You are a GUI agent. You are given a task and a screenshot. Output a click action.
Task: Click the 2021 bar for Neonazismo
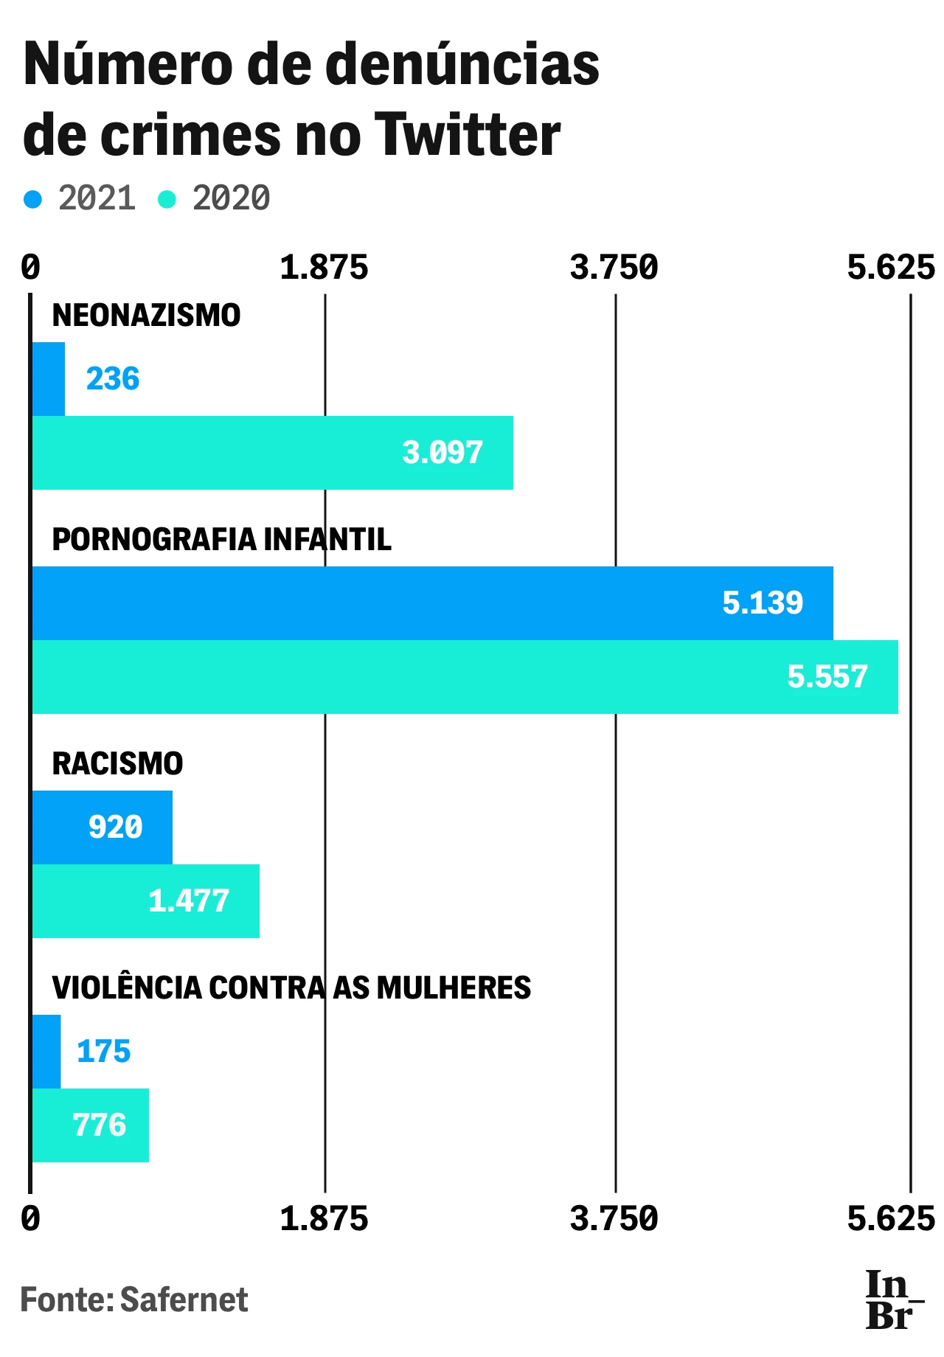pos(49,379)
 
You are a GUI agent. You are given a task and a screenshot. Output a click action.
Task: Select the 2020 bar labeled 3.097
pos(273,453)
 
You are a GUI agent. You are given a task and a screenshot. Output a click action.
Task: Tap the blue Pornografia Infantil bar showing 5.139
pos(432,603)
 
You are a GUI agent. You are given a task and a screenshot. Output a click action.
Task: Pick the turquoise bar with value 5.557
pos(465,677)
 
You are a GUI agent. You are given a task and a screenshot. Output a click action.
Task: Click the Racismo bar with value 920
pos(102,827)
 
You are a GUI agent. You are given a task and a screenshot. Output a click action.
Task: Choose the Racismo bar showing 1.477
pos(145,901)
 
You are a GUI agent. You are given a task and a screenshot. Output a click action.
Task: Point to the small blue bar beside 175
pos(46,1052)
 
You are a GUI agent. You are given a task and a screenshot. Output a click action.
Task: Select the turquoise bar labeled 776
pos(90,1125)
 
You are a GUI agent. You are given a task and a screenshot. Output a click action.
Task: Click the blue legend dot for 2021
pos(33,199)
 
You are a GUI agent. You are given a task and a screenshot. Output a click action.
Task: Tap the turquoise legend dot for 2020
pos(167,199)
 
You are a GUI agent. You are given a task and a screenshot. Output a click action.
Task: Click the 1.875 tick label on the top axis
pos(324,267)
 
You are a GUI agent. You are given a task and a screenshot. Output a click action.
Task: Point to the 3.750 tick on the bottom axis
pos(614,1218)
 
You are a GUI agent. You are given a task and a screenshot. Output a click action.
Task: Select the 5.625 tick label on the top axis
pos(891,267)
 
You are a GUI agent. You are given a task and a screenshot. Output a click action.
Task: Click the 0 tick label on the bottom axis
pos(30,1218)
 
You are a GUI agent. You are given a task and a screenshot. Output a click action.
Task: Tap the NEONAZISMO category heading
pos(146,316)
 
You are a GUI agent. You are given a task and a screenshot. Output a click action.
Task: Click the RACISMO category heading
pos(117,764)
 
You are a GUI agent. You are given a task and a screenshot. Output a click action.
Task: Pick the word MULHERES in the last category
pos(454,988)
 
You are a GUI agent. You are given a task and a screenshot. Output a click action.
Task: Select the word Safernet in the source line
pos(184,1299)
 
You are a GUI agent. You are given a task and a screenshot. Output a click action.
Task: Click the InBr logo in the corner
pos(893,1300)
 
